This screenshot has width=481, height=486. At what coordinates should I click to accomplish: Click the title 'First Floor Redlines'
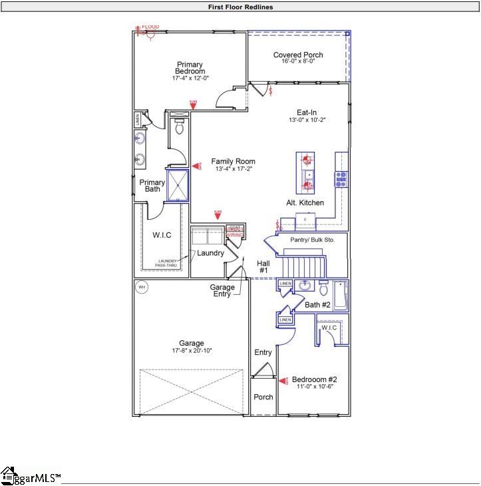coord(240,7)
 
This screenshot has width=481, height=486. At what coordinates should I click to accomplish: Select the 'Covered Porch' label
coord(298,55)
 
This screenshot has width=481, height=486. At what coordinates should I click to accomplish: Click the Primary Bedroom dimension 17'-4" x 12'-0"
coord(190,79)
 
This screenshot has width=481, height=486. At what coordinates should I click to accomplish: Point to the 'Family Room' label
coord(233,162)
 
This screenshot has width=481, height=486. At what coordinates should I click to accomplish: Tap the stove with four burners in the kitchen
coord(341,178)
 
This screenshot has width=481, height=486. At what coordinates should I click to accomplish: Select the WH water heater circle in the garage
coord(141,288)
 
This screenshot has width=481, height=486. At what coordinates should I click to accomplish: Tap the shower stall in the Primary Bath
coord(178,186)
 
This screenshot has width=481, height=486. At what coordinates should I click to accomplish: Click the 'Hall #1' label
coord(263,267)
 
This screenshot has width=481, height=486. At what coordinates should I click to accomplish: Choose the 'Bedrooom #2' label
coord(315,379)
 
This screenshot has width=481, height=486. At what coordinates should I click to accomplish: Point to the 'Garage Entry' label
coord(222,291)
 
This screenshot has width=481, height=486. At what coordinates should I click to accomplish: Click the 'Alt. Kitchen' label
coord(305,202)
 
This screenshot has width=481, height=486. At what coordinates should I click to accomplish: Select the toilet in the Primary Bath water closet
coord(179,128)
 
